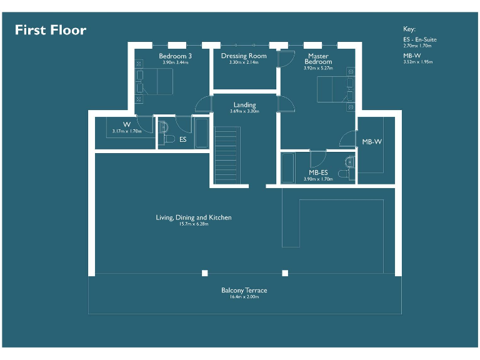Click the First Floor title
51,30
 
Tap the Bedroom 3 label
175,56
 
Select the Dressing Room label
244,56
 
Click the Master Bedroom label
318,59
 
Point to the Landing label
244,105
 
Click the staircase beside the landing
227,155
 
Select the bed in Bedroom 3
158,81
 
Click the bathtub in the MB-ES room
287,167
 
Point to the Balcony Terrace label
244,291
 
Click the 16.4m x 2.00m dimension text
244,297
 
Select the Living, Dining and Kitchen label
194,217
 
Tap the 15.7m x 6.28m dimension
194,224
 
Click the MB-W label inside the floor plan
371,142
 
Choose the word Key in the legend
409,29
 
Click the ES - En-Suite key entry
420,40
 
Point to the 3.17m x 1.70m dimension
127,131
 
